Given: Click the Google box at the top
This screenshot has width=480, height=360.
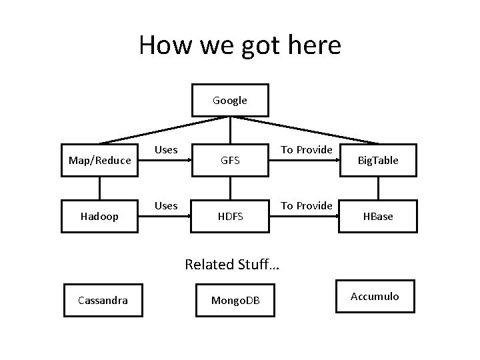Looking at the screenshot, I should pyautogui.click(x=230, y=101).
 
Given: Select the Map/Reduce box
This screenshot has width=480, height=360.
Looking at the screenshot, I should pyautogui.click(x=99, y=161).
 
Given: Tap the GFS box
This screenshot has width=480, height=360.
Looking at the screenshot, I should pyautogui.click(x=230, y=161).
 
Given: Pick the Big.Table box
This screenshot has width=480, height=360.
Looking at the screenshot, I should pyautogui.click(x=378, y=161).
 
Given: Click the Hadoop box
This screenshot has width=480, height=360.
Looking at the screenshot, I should pyautogui.click(x=99, y=217).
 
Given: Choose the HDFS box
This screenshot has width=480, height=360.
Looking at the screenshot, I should pyautogui.click(x=230, y=217).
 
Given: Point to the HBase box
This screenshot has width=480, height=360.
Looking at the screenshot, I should pyautogui.click(x=378, y=217).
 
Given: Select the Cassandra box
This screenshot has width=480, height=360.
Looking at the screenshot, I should pyautogui.click(x=103, y=300).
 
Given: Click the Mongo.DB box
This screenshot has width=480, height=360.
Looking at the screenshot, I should pyautogui.click(x=236, y=301).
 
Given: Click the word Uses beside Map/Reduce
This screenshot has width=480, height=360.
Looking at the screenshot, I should pyautogui.click(x=166, y=150).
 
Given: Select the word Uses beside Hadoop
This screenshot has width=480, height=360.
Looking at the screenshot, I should pyautogui.click(x=166, y=205).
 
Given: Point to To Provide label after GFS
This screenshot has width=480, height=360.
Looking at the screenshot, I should pyautogui.click(x=306, y=150).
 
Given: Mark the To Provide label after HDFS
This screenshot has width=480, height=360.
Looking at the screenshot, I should pyautogui.click(x=306, y=205).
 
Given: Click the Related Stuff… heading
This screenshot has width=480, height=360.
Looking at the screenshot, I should pyautogui.click(x=232, y=265).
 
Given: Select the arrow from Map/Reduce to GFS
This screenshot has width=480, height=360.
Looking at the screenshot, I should pyautogui.click(x=165, y=159).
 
